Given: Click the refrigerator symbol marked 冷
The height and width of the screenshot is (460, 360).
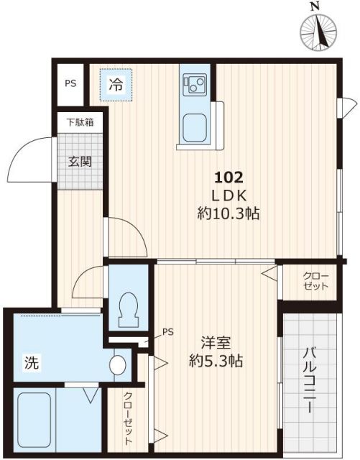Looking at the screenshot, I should pos(116,85).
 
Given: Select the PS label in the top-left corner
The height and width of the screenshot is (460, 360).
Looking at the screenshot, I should pos(70,83).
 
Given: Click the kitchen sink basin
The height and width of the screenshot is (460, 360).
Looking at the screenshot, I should pos(195,129).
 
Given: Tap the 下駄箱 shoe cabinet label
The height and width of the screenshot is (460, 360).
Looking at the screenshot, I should pos(80,122).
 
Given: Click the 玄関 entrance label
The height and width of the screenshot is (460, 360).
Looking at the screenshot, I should pos(80,162).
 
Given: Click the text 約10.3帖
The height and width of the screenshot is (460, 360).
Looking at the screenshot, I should pos(229,213).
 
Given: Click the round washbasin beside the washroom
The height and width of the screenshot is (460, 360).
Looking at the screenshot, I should pos(119,364).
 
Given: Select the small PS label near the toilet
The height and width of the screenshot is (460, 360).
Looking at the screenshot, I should pos(167,331).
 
